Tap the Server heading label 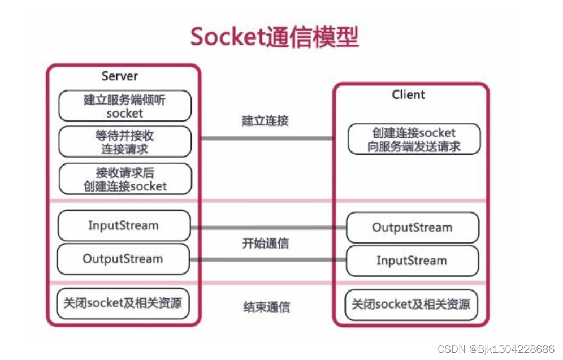click(x=119, y=76)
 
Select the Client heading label click(x=408, y=94)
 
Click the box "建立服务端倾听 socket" click(x=125, y=106)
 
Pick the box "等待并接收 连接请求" click(x=125, y=142)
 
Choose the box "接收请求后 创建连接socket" click(x=125, y=179)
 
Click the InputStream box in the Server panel click(x=123, y=225)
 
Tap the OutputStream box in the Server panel click(x=123, y=259)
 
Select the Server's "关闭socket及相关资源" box click(x=123, y=303)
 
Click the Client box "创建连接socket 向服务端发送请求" click(x=414, y=140)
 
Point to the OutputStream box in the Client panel click(x=412, y=228)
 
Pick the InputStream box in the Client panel click(x=412, y=261)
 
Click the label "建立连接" click(x=265, y=120)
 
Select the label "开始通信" click(x=266, y=244)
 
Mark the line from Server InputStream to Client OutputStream click(x=268, y=228)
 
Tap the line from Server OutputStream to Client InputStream click(x=268, y=260)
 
